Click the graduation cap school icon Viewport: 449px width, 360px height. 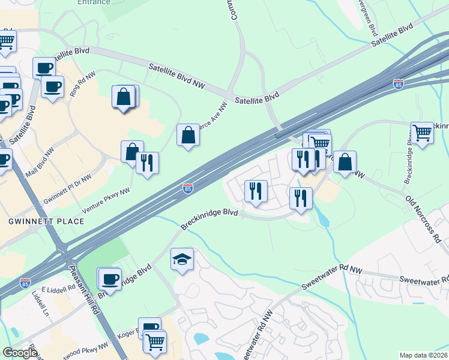click(182, 259)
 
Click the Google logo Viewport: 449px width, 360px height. click(20, 353)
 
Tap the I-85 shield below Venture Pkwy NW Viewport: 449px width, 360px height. click(188, 189)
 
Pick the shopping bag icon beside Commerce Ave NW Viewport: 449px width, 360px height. click(188, 134)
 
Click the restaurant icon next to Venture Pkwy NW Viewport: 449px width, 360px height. click(147, 162)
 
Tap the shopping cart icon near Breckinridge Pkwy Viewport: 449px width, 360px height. click(423, 133)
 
